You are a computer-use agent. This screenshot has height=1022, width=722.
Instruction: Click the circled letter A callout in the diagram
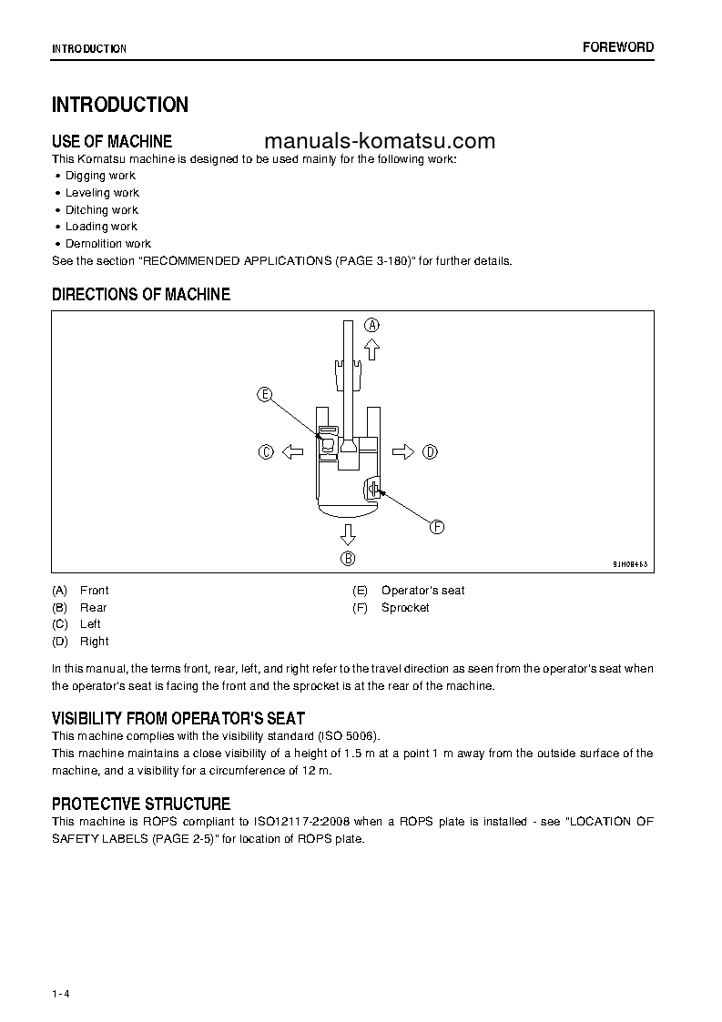click(371, 325)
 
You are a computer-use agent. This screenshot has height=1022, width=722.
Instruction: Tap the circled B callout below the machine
click(348, 559)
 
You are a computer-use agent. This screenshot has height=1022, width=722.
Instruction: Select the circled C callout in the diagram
click(266, 451)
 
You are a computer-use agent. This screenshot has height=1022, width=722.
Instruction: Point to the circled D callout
click(430, 451)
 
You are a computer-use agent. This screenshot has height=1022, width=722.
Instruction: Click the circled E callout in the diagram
click(264, 394)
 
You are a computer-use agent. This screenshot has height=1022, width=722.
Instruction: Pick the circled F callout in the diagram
click(436, 527)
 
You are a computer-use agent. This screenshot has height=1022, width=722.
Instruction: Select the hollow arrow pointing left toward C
click(291, 451)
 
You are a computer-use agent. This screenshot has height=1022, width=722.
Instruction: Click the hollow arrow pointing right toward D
click(403, 451)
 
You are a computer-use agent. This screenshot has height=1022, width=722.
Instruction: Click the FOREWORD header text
click(618, 47)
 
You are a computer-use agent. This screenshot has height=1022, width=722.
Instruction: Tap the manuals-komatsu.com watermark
click(380, 141)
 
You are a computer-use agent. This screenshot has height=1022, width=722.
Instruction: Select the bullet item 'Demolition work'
click(107, 244)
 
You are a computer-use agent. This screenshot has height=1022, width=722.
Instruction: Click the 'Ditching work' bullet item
click(101, 209)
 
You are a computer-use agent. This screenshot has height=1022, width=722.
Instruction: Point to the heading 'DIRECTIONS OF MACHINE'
click(141, 295)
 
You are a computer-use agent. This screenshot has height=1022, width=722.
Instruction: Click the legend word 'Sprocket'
click(405, 608)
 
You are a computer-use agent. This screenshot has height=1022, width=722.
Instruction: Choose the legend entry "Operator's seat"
click(422, 591)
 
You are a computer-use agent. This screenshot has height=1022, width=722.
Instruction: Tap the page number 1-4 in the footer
click(61, 967)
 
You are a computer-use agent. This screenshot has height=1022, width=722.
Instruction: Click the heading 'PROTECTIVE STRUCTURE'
click(141, 804)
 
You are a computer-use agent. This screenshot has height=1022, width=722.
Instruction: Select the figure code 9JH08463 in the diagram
click(630, 565)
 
